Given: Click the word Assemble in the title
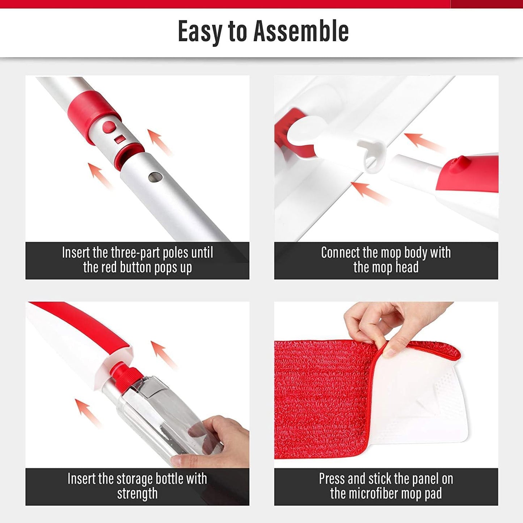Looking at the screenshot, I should click(301, 31).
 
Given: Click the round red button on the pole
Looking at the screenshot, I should click(109, 127).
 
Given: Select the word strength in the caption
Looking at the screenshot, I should click(137, 494).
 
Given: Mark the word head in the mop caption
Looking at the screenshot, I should click(407, 267).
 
